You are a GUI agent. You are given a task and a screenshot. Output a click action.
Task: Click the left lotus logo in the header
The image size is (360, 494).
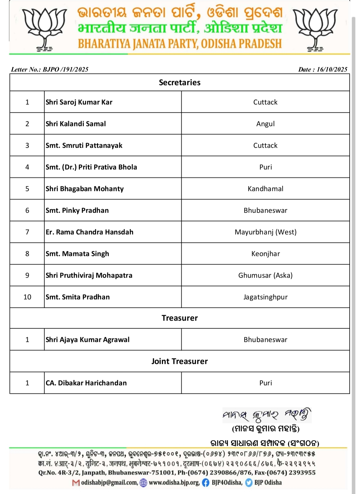pos(44,29)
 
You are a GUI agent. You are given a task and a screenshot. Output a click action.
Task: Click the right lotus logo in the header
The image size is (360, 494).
pos(315,29)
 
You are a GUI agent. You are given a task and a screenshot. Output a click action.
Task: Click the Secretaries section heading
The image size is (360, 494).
pos(180,83)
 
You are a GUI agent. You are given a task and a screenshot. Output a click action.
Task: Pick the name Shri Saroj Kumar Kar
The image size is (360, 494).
pos(79,102)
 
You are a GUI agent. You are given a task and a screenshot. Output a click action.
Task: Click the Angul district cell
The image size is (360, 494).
pos(265,124)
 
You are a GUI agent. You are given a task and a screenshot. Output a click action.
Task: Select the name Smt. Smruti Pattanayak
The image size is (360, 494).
pos(84,146)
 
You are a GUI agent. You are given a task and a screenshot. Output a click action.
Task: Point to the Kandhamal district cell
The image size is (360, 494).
pos(265,189)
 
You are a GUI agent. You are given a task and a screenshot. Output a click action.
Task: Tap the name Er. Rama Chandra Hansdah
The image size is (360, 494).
pos(89,232)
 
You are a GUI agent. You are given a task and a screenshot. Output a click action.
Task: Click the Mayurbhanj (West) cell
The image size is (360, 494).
pos(265,232)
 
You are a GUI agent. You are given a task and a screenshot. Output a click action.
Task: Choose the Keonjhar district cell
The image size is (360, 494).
pos(265,254)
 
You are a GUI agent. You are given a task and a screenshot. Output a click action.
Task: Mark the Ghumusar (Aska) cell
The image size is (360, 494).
pos(265,275)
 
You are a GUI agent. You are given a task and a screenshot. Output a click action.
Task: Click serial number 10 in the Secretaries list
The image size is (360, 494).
pos(27,297)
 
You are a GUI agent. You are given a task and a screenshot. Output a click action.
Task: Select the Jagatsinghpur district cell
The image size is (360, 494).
pos(265,297)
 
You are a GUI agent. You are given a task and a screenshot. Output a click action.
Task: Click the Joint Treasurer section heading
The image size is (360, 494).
pos(180,361)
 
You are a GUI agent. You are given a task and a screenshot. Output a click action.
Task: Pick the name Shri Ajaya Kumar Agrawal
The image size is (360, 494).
pos(88,340)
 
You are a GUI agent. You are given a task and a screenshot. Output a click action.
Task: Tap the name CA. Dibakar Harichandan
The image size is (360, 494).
pos(86,383)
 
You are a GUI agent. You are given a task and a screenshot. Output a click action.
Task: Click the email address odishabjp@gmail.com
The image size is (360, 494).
pos(109,482)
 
